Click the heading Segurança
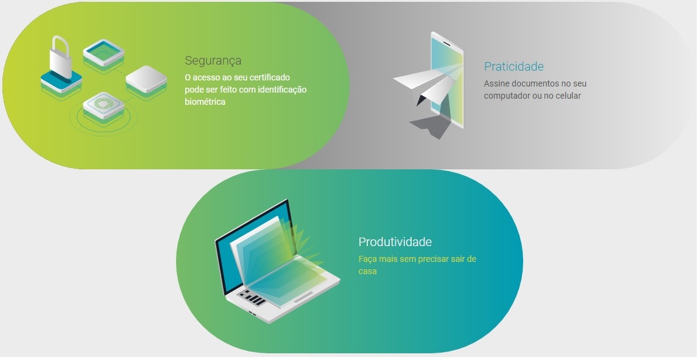[x=213, y=61]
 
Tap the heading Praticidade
[x=513, y=66]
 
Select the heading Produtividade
[x=395, y=242]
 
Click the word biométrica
[x=205, y=102]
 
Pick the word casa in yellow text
[x=367, y=271]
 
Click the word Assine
[x=496, y=83]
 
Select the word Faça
[x=367, y=259]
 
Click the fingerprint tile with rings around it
[x=103, y=104]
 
